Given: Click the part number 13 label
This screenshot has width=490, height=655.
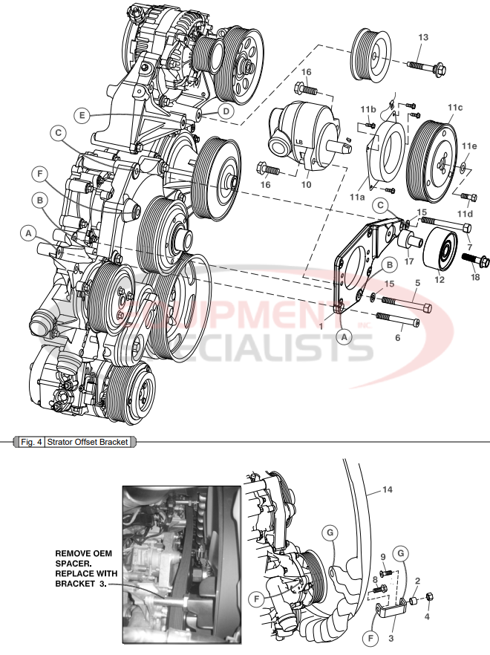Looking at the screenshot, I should (x=423, y=37).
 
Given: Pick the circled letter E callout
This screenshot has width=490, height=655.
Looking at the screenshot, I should (x=82, y=114).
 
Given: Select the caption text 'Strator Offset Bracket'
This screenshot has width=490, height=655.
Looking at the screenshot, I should (x=88, y=442).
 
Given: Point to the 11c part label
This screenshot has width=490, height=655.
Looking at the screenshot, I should (x=454, y=108).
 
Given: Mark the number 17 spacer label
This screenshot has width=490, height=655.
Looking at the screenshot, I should (x=408, y=261).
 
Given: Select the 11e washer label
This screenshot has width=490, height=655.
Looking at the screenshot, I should (x=469, y=146).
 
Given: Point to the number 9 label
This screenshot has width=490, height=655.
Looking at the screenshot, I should (x=383, y=556).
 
